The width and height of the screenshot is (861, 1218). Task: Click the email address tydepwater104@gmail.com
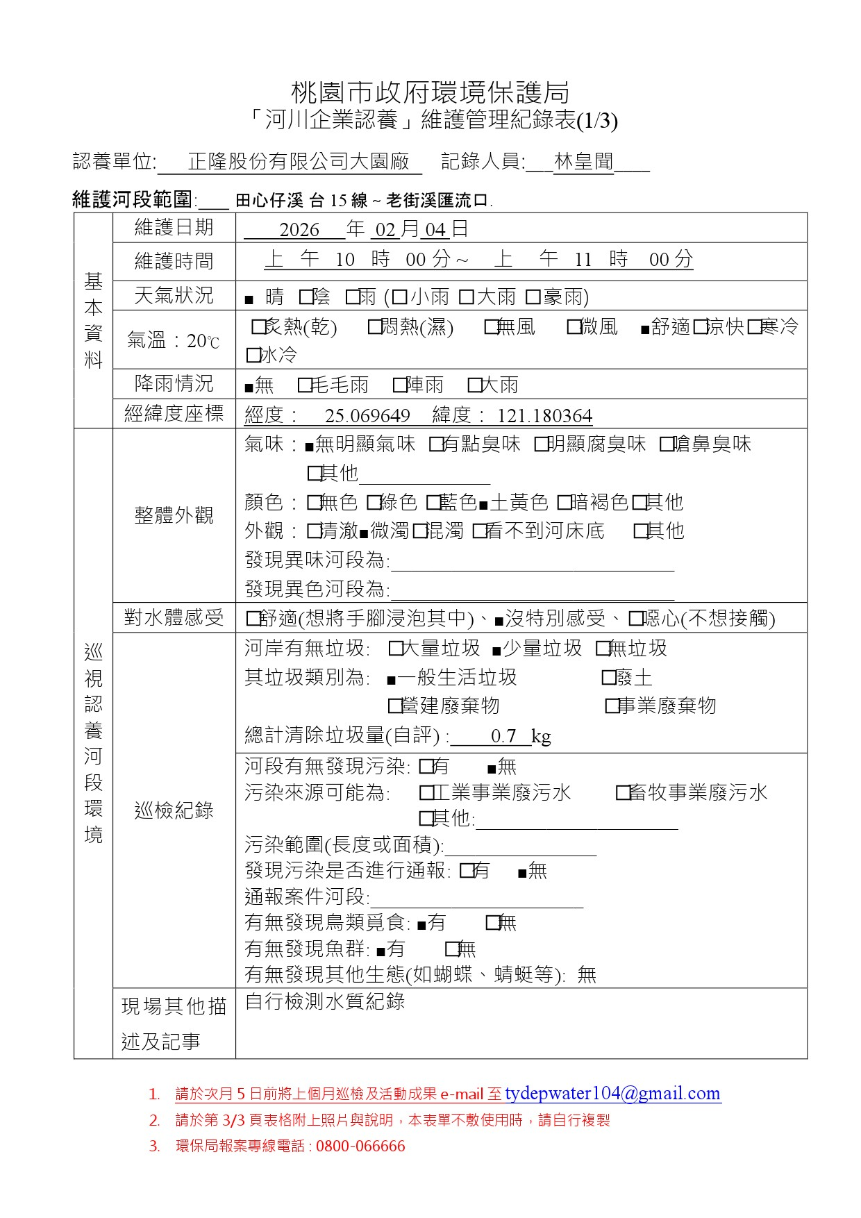coord(612,1094)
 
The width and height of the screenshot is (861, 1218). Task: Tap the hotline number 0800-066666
coord(360,1146)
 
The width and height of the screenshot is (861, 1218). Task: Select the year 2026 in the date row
coord(299,229)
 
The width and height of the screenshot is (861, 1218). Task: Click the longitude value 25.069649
coord(367,415)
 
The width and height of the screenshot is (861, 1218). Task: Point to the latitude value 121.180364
coord(544,415)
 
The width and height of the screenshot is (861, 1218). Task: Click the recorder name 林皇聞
coord(584,162)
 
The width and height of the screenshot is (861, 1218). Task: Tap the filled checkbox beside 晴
coord(249,300)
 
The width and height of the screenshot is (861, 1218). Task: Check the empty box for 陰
coord(306,297)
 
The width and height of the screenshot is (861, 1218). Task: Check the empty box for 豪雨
coord(533,297)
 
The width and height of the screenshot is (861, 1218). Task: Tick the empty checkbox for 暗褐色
coord(564,502)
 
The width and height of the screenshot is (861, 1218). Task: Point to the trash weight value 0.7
coord(503,735)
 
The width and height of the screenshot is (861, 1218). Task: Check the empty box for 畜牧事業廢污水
coord(623,792)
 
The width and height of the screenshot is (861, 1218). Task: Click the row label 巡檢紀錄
coord(174,810)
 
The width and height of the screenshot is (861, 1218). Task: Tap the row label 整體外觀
coord(174,515)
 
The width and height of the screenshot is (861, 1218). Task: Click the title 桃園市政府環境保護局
coord(430,92)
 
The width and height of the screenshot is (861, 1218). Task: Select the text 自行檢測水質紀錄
coord(325,1001)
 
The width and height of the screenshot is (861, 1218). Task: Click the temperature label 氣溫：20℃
coord(174,340)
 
